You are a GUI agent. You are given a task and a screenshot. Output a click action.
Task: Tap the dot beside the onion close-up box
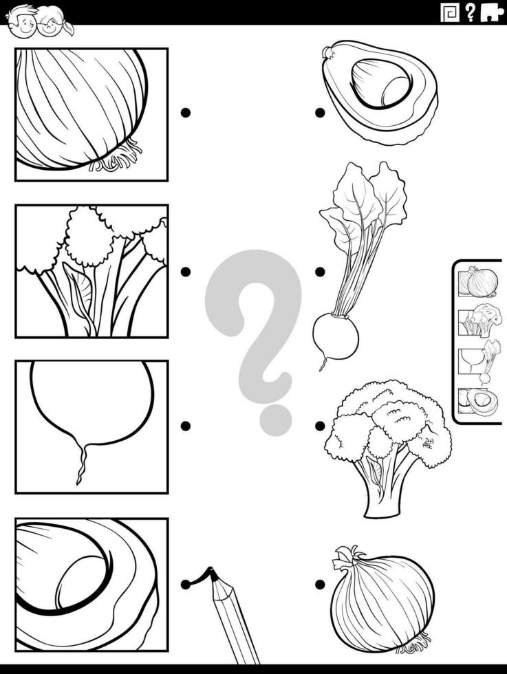(185, 113)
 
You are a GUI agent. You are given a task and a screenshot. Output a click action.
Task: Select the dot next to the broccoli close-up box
(185, 272)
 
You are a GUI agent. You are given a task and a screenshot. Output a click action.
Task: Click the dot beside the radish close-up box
(185, 426)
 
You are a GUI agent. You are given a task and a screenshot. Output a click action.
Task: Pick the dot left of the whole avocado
(320, 113)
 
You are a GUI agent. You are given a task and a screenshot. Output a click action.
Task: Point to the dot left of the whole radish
(320, 272)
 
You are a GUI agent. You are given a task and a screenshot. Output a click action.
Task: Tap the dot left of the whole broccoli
(320, 426)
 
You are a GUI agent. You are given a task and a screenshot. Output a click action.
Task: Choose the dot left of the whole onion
(320, 585)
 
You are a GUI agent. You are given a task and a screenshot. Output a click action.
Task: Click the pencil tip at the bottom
(212, 573)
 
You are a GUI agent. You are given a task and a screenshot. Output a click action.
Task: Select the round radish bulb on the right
(335, 336)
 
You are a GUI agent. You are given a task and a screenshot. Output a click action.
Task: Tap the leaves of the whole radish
(365, 199)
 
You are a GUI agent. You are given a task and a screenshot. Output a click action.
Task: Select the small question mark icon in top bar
(471, 12)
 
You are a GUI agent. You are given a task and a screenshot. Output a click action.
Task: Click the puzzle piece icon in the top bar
(491, 12)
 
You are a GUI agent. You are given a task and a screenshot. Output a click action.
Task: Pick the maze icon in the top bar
(449, 12)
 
